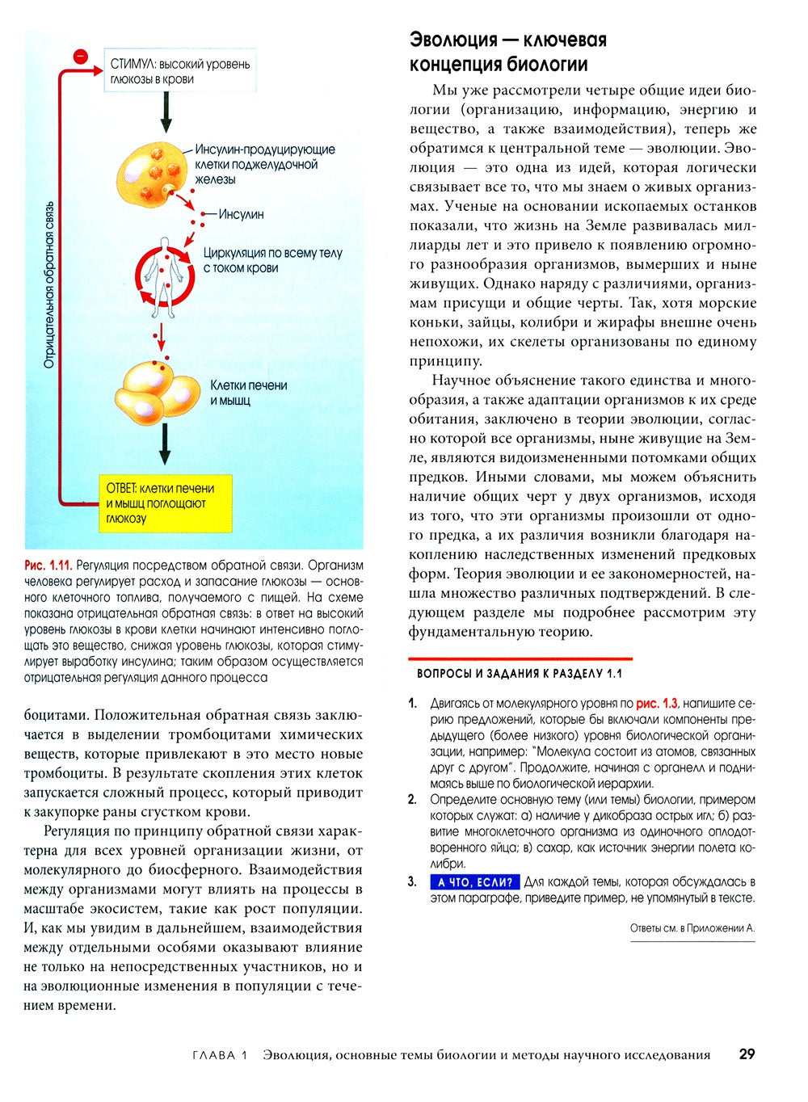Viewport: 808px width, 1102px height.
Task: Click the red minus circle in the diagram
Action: coord(80,57)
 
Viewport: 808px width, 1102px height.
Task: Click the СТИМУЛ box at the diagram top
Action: coord(179,71)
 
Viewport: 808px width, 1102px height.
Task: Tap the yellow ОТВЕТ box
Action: coord(166,503)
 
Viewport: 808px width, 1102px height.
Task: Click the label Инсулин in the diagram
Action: coord(241,215)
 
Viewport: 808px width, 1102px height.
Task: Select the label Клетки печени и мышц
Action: coord(249,393)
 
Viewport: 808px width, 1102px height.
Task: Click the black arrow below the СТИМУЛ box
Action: coord(166,111)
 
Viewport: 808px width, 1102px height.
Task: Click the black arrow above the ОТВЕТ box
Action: coord(165,444)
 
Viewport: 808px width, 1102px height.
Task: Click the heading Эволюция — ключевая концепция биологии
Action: coord(508,52)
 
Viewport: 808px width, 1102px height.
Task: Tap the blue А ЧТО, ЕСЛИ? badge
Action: coord(475,882)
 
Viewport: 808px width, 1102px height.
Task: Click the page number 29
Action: coord(747,1054)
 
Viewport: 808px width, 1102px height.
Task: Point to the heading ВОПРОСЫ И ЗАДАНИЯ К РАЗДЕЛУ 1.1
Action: coord(520,673)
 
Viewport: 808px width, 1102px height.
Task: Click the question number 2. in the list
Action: coord(413,800)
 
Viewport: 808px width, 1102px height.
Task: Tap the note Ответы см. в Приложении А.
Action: coord(692,928)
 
